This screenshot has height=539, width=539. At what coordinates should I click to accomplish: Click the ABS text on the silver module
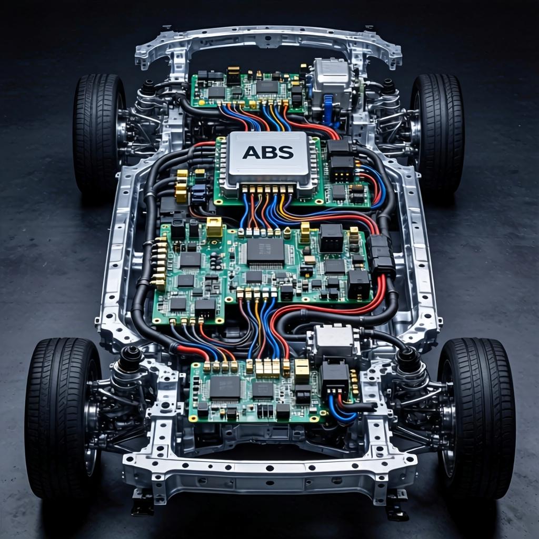(x=268, y=152)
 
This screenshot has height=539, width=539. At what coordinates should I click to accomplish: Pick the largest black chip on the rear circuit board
(x=225, y=387)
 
